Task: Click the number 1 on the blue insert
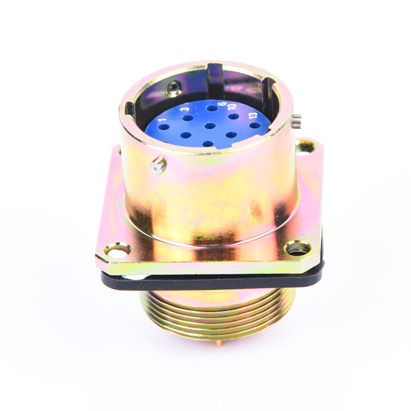[x=162, y=120]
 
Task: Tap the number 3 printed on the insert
[x=185, y=108]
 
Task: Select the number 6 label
[x=222, y=104]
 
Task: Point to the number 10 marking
[x=232, y=106]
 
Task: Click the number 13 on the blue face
[x=253, y=115]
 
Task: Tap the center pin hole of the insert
[x=210, y=126]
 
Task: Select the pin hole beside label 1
[x=164, y=127]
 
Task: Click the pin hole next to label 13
[x=255, y=125]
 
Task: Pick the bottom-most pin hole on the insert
[x=208, y=144]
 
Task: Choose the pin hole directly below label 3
[x=188, y=118]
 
